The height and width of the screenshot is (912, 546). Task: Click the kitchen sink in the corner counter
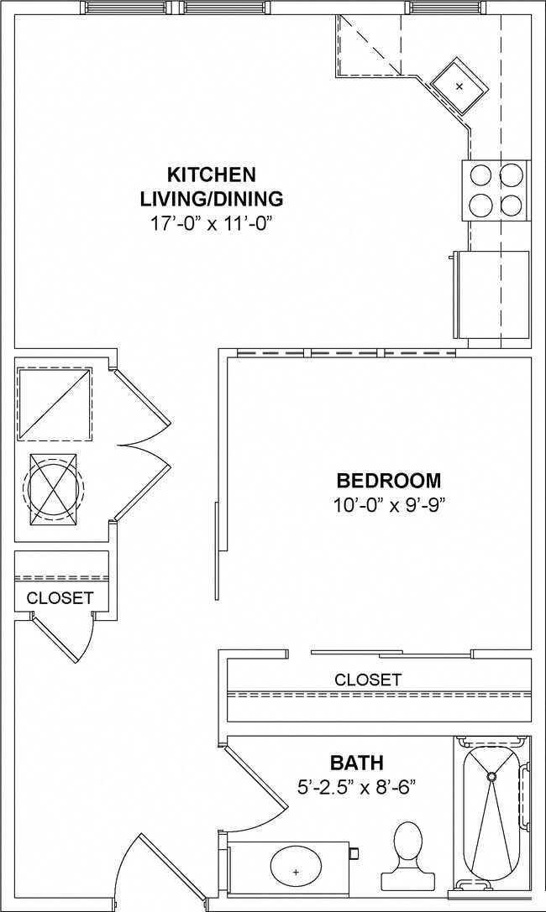pos(459,86)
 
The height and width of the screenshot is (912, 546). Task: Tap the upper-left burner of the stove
pos(480,175)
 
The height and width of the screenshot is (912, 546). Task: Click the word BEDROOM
pos(388,481)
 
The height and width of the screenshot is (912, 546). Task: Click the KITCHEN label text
pos(211,175)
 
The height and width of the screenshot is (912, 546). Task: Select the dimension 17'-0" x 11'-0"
pos(211,223)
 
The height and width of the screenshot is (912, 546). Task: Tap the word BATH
pos(356,763)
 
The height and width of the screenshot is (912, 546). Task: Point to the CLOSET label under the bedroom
pos(368,680)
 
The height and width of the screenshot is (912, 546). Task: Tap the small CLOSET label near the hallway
pos(60,598)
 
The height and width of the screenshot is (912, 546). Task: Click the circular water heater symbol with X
pos(54,489)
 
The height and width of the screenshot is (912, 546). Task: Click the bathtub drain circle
pos(492,776)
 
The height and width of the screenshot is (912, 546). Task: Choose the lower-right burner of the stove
pos(511,204)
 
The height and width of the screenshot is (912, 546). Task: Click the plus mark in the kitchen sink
pos(459,86)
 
